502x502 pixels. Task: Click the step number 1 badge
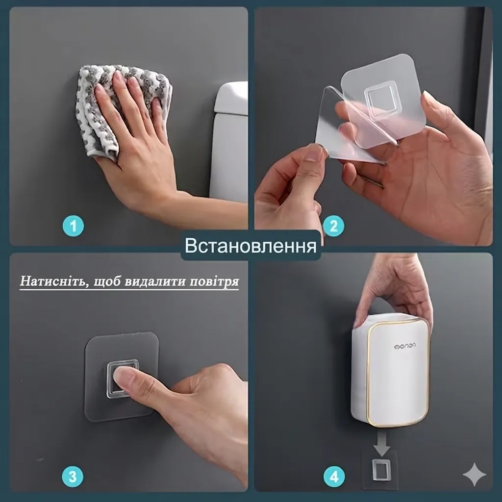click(73, 226)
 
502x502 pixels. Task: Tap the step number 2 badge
click(333, 226)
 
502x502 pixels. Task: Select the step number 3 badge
click(73, 477)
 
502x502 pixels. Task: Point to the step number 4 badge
click(334, 477)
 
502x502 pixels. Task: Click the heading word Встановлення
click(251, 245)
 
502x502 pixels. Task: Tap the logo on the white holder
click(404, 346)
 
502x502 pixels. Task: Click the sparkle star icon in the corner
click(475, 475)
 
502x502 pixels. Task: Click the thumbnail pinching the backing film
click(315, 153)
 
